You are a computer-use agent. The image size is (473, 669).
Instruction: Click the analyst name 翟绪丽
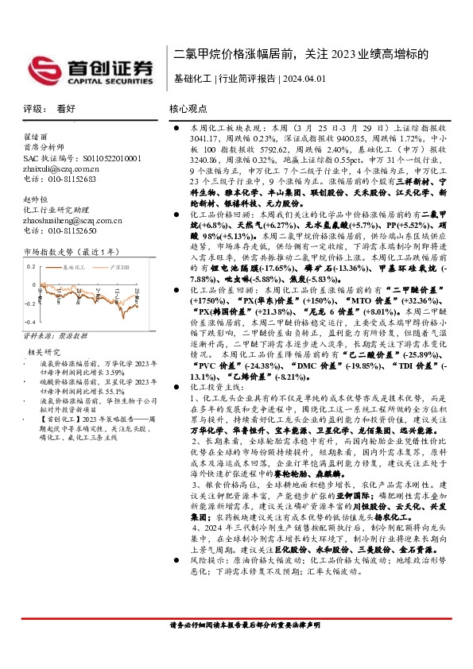(x=36, y=137)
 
